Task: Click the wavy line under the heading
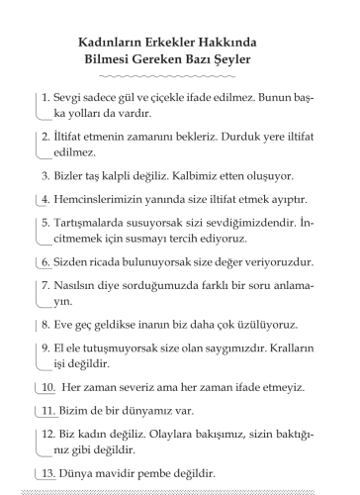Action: (x=180, y=77)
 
